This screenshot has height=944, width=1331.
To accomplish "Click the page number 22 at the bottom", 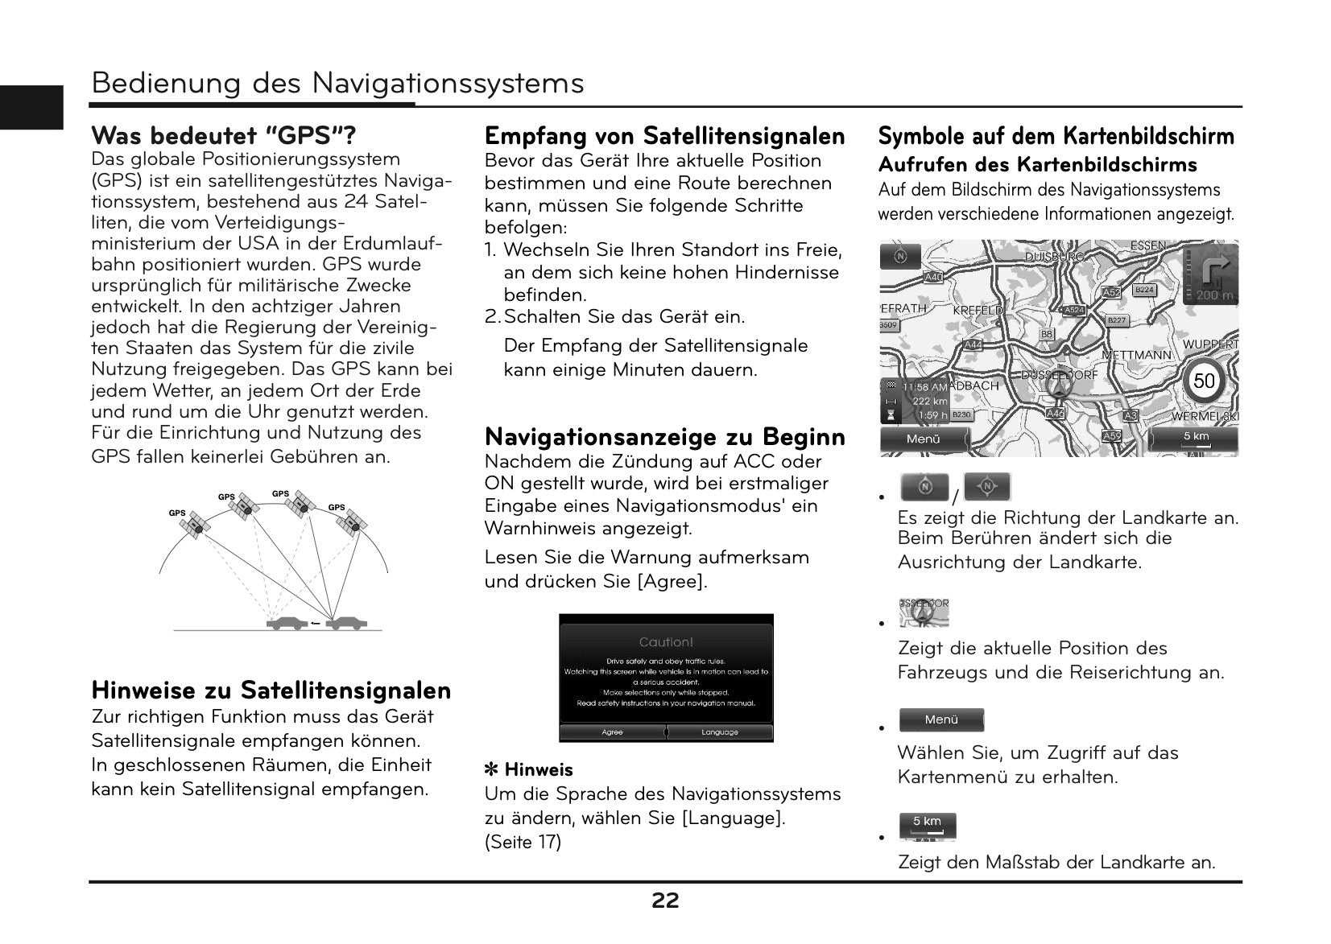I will (x=665, y=901).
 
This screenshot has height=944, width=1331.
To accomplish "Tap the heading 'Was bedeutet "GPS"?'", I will (x=224, y=134).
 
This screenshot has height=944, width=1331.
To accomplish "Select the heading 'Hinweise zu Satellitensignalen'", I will (x=271, y=690).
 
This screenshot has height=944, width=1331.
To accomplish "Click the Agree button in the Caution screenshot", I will (x=612, y=732).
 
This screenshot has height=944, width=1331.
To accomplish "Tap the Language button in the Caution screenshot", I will (x=719, y=732).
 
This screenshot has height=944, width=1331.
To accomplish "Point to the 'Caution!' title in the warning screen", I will (x=666, y=642).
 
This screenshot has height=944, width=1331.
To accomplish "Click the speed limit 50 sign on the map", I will (x=1204, y=381).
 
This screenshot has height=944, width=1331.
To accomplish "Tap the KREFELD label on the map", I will (x=978, y=311).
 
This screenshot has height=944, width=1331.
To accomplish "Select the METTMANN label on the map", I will (x=1136, y=355).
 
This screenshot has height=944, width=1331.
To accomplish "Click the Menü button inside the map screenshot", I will (x=924, y=439).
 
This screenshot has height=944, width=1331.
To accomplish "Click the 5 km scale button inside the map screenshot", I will (x=1196, y=439).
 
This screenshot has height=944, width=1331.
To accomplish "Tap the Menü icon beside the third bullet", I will (x=941, y=720).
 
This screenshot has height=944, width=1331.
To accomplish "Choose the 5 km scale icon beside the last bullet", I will (x=928, y=825).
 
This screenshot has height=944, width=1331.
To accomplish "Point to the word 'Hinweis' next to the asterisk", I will (x=539, y=770).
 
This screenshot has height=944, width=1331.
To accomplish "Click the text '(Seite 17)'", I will (x=523, y=843).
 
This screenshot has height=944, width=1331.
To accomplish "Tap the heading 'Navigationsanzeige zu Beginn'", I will (x=665, y=437).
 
